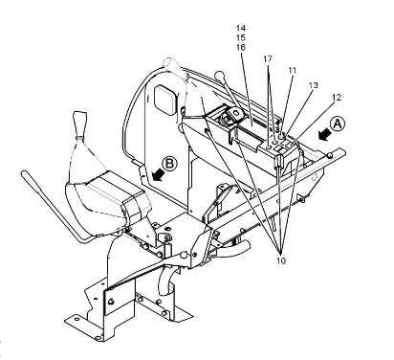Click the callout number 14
click(x=241, y=28)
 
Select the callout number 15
click(x=241, y=37)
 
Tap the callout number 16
click(x=241, y=47)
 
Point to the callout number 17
click(x=268, y=59)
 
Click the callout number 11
click(x=293, y=71)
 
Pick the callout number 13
click(x=313, y=85)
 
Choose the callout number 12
click(x=337, y=98)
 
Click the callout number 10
click(x=281, y=260)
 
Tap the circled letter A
click(x=338, y=124)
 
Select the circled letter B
click(x=169, y=164)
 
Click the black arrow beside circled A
click(x=323, y=134)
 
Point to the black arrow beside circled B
click(x=159, y=174)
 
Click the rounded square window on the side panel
click(x=165, y=99)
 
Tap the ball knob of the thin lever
click(x=219, y=76)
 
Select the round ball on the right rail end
click(x=330, y=155)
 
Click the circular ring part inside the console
click(x=236, y=113)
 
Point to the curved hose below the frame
click(x=166, y=280)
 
